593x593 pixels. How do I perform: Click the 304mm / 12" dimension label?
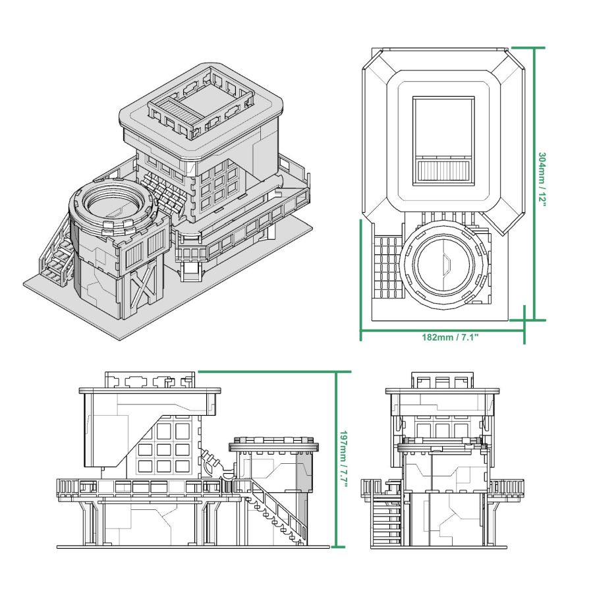tap(542, 179)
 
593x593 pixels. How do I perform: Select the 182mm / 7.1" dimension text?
tap(449, 337)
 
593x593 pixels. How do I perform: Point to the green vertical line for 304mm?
tap(534, 184)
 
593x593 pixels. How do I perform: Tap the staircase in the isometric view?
tap(57, 254)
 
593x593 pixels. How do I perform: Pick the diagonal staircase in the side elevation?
tap(277, 511)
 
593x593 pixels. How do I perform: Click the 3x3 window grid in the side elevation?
tap(164, 448)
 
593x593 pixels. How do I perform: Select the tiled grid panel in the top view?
tap(387, 267)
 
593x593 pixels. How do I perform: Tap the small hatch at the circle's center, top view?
tap(446, 266)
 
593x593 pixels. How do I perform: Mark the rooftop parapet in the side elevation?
tap(151, 380)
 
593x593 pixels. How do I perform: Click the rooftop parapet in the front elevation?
tap(441, 380)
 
